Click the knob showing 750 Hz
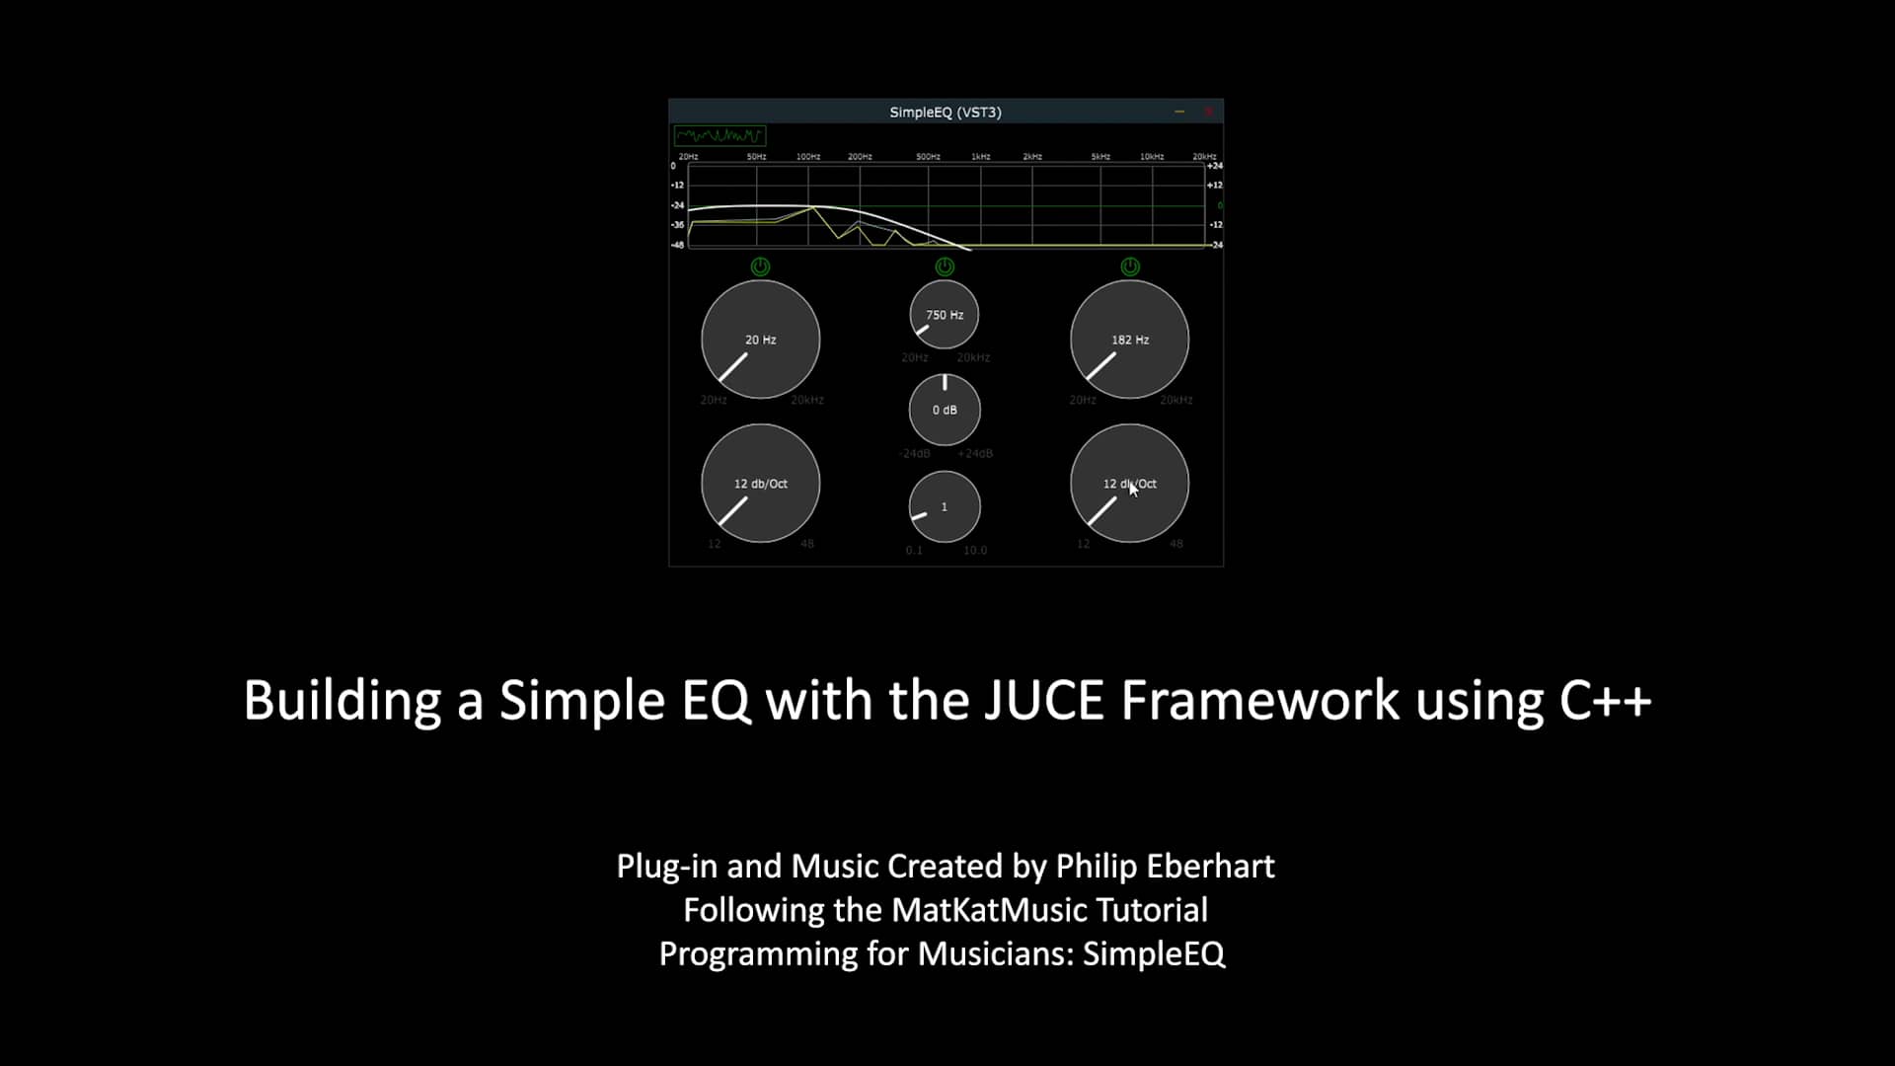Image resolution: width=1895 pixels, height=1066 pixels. coord(945,315)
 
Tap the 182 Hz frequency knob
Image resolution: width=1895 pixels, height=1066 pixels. coord(1129,340)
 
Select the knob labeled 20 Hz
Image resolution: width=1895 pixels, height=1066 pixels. coord(760,340)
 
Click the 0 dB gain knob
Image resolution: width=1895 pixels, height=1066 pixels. coord(945,410)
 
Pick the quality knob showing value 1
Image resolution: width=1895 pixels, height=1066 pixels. coord(945,506)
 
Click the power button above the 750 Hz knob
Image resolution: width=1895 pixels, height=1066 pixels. coord(945,266)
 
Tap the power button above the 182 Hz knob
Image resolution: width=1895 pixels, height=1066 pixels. coord(1130,266)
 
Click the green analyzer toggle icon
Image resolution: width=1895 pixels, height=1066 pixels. coord(720,135)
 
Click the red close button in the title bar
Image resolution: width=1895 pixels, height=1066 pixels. coord(1208,112)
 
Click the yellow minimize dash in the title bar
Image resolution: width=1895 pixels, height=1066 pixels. coord(1179,112)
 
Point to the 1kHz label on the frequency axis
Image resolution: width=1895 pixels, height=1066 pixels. coord(980,156)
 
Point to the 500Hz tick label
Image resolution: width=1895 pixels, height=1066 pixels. coord(928,156)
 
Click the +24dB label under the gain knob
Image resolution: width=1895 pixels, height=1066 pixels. coord(975,453)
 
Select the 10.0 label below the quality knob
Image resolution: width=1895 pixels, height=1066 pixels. coord(975,550)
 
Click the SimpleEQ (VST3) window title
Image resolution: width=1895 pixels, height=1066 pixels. coord(945,112)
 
